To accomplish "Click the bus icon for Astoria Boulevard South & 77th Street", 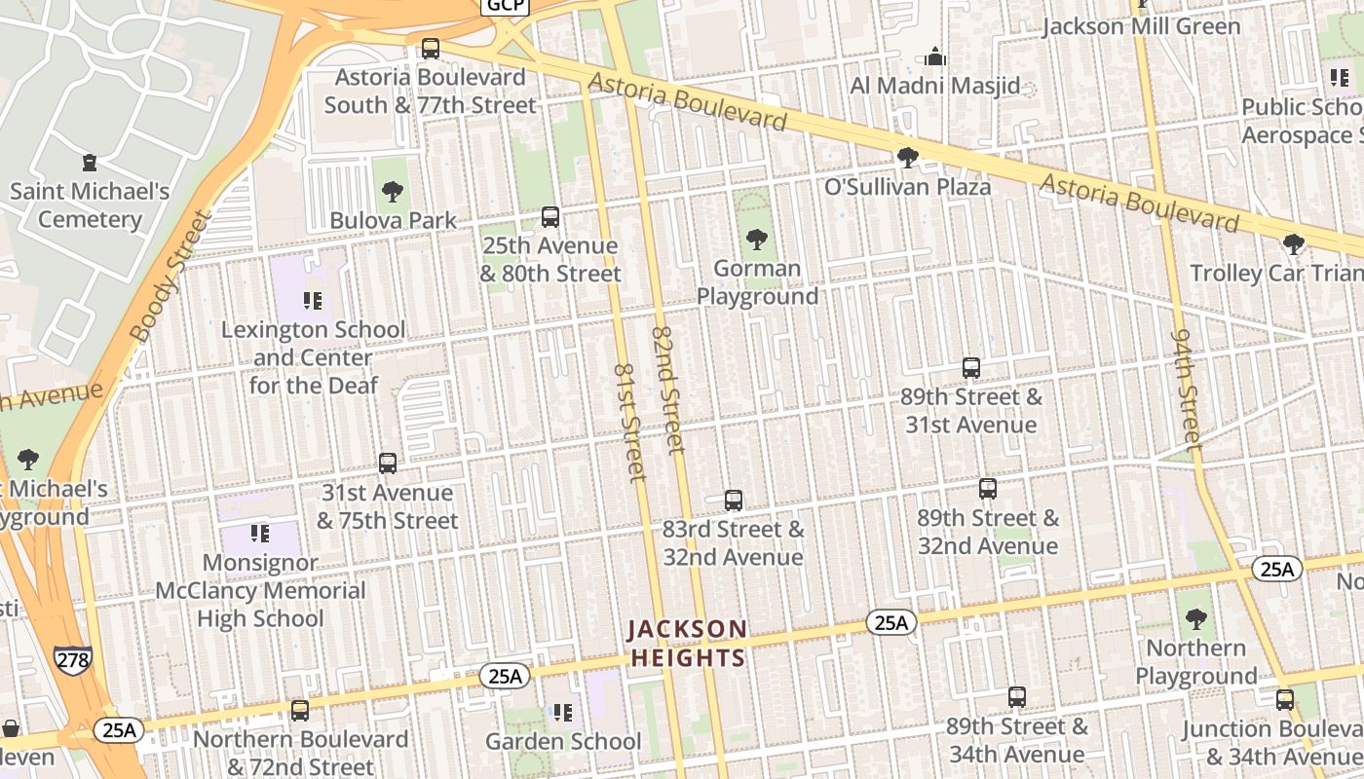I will (x=430, y=48).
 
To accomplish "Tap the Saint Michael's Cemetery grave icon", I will (x=90, y=162).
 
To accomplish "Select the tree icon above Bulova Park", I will (x=393, y=191).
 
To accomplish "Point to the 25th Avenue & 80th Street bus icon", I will (x=550, y=216).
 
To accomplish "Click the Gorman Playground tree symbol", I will (x=756, y=239).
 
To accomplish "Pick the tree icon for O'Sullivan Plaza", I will (x=907, y=157).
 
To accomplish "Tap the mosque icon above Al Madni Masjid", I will (x=935, y=56).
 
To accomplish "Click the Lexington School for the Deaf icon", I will (x=313, y=300).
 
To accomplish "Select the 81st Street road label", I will (x=630, y=423).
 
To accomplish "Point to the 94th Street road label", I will (x=1186, y=388).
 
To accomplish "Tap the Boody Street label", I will (x=170, y=277).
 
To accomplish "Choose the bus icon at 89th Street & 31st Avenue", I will (x=970, y=367).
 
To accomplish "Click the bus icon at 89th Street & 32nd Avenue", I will (x=988, y=488).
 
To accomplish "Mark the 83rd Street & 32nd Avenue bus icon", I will (x=734, y=501).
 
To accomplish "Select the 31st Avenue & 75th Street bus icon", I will (x=388, y=464).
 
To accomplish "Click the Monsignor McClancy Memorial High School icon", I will (x=260, y=533).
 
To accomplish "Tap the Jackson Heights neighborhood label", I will (x=688, y=643).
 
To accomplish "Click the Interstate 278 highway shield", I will (x=73, y=660).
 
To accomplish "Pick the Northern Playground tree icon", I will (x=1195, y=618).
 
